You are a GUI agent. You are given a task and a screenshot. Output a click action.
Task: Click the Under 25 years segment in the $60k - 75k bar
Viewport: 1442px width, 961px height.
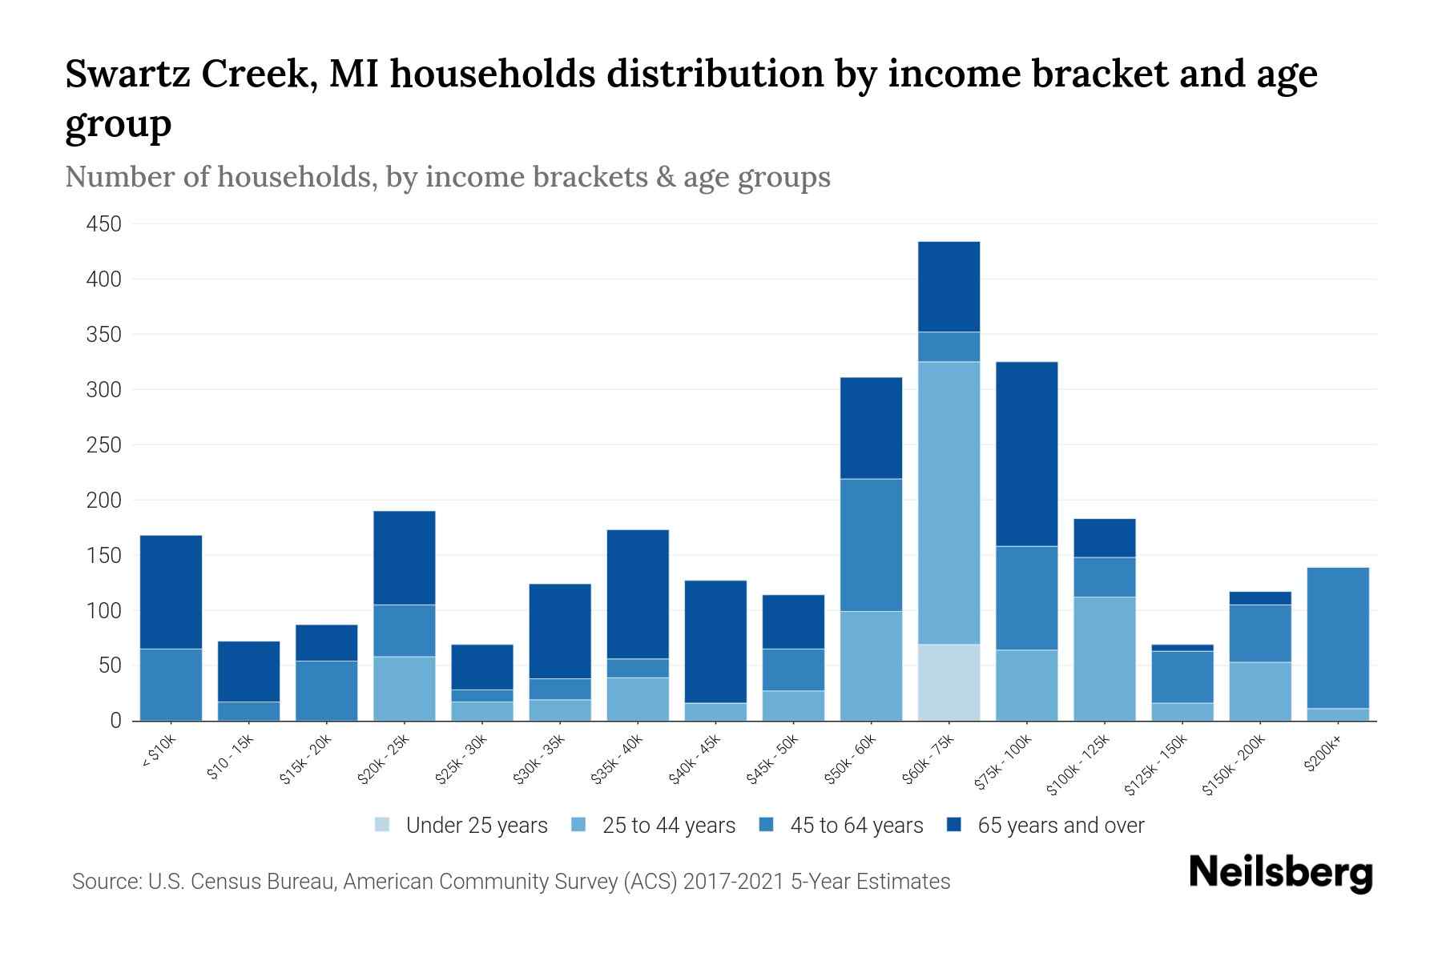pyautogui.click(x=949, y=682)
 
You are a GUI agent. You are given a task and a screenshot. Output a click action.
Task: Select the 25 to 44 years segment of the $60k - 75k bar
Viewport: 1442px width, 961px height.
pyautogui.click(x=949, y=503)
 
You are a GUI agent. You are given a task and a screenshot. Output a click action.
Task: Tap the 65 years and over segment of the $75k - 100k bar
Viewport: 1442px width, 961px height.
pyautogui.click(x=1026, y=454)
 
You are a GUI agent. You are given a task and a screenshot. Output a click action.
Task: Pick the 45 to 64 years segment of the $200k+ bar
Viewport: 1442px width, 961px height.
pyautogui.click(x=1338, y=637)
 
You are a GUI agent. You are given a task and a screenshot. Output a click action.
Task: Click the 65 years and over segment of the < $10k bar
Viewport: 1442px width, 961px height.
pyautogui.click(x=171, y=592)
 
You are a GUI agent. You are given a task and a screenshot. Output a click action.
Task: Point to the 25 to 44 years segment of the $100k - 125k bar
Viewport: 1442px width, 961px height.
pyautogui.click(x=1104, y=658)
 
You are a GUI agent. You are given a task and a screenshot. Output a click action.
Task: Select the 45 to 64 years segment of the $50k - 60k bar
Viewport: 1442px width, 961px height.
pyautogui.click(x=871, y=545)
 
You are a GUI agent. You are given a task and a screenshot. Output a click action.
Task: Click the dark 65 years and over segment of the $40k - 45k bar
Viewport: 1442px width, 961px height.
pyautogui.click(x=715, y=641)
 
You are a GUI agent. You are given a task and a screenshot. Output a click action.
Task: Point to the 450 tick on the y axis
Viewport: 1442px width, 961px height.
pyautogui.click(x=104, y=224)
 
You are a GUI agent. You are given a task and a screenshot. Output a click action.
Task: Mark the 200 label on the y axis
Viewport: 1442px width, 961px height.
pyautogui.click(x=104, y=501)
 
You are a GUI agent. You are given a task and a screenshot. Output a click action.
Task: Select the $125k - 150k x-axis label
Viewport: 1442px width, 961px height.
pyautogui.click(x=1156, y=765)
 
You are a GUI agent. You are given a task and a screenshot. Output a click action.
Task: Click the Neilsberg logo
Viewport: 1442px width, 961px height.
pyautogui.click(x=1280, y=872)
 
